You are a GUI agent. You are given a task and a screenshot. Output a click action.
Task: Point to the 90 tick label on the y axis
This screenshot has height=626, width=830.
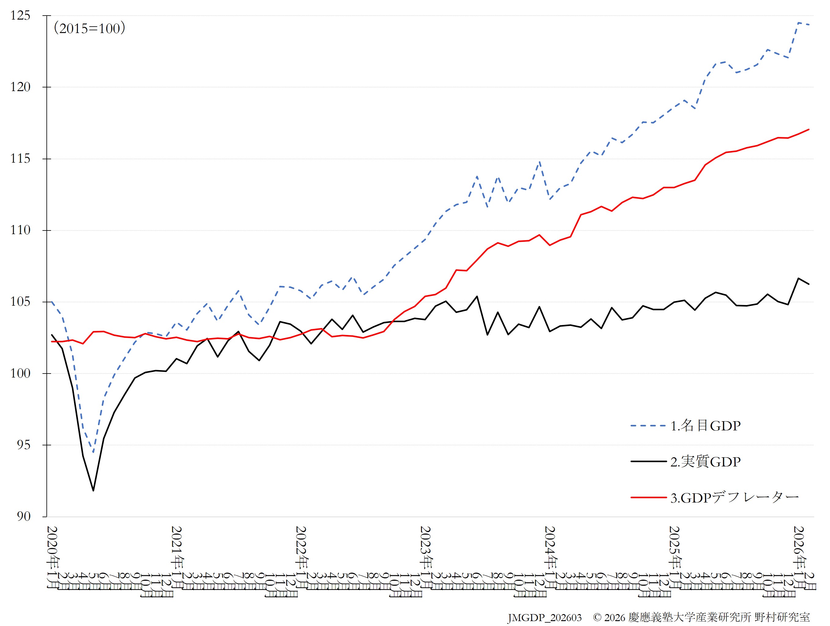coord(24,516)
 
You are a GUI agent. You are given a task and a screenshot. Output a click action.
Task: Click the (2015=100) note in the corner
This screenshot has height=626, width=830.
coord(89,28)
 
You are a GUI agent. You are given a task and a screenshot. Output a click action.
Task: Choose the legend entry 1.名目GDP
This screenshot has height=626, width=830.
coord(705,425)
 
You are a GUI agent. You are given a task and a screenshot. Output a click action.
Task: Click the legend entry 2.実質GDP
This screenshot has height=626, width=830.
coord(705,462)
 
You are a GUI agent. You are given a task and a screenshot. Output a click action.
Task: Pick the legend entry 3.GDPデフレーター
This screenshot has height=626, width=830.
coord(735,498)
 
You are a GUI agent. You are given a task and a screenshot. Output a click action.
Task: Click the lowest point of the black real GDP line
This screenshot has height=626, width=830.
coord(93,490)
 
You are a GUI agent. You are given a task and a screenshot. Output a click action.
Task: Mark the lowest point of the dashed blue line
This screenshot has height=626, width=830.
coord(93,452)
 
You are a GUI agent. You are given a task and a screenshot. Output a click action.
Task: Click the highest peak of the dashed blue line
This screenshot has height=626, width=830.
coord(799,23)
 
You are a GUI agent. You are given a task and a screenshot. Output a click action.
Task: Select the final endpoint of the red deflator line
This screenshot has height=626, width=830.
coord(809,129)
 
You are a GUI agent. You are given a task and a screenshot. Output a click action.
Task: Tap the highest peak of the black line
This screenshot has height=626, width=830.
coord(799,278)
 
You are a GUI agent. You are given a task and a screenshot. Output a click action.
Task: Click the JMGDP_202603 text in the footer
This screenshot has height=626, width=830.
coord(544,618)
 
